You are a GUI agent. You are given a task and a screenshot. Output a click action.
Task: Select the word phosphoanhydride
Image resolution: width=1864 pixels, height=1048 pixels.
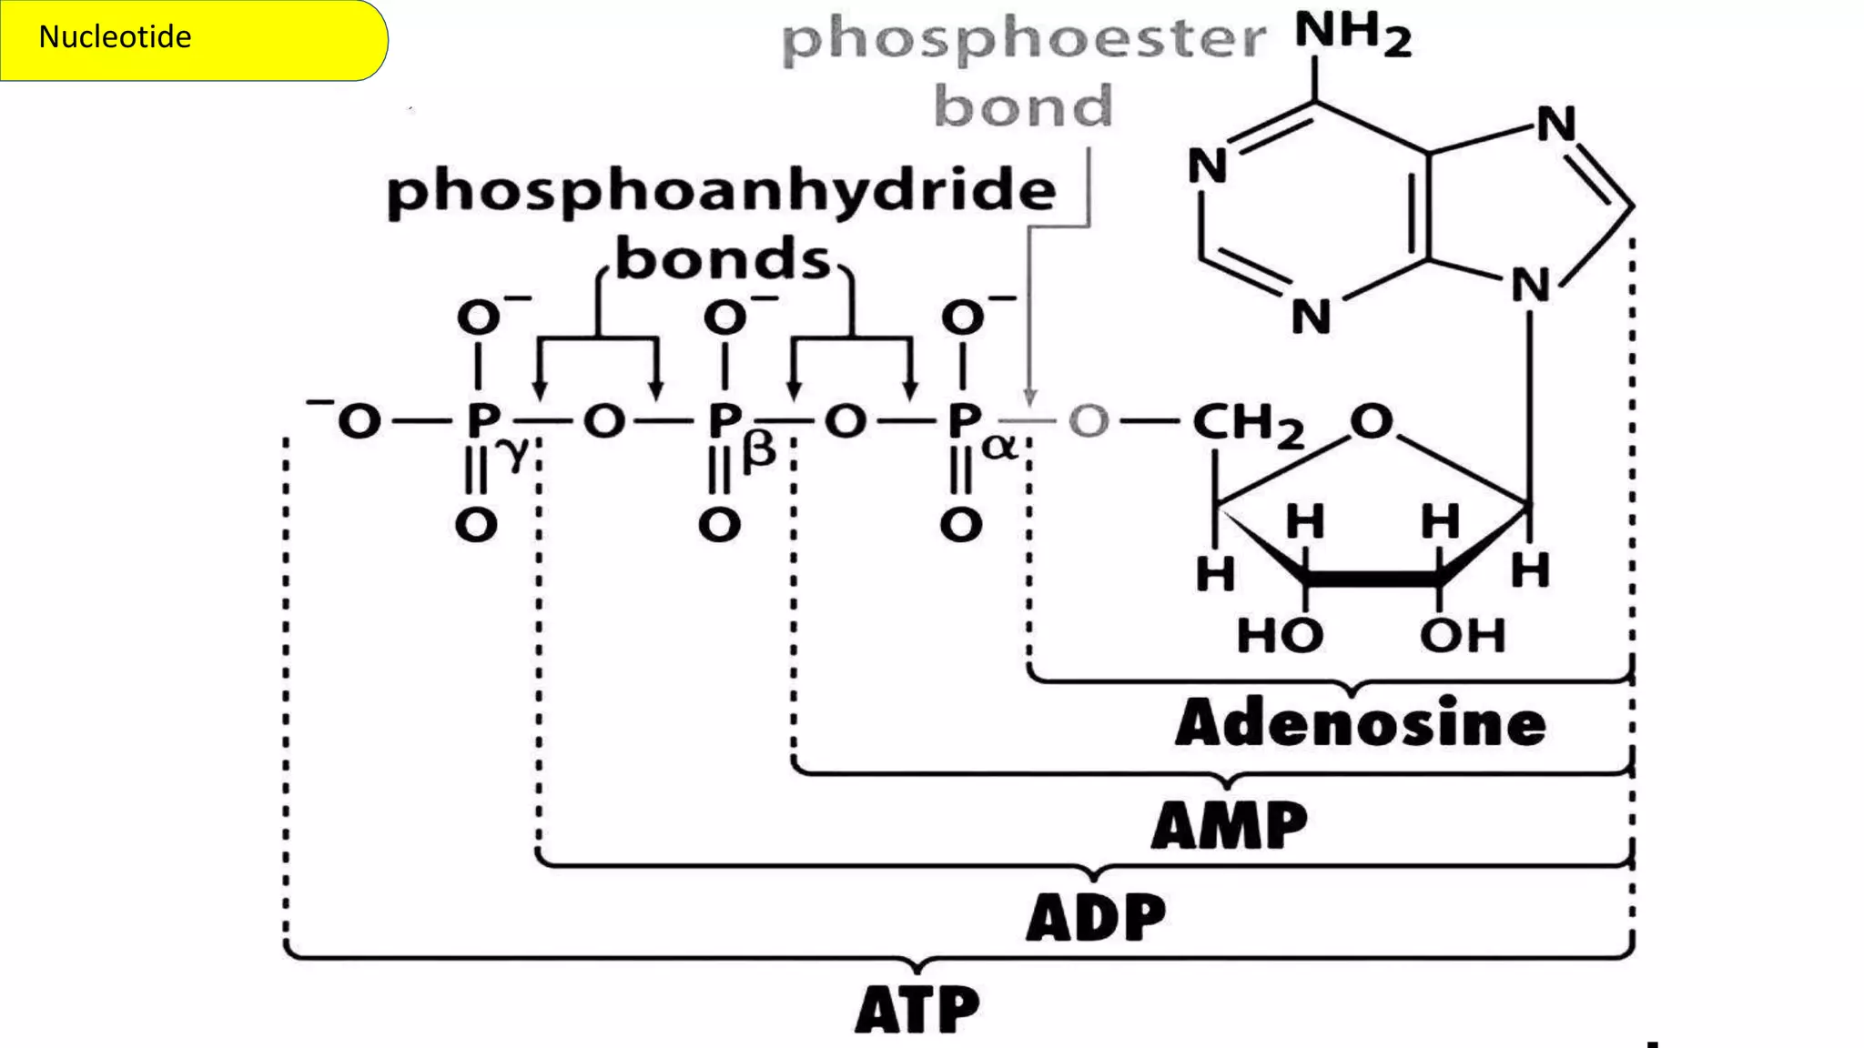click(722, 192)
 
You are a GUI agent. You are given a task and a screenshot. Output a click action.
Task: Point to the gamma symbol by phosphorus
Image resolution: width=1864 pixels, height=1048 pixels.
click(515, 453)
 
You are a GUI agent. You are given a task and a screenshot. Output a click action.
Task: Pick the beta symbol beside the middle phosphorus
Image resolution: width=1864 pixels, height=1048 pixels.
click(759, 451)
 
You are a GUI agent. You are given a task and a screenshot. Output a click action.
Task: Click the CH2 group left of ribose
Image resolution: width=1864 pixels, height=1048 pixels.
click(1247, 424)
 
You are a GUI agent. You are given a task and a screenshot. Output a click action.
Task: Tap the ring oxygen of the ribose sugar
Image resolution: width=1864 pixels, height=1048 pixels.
click(1371, 421)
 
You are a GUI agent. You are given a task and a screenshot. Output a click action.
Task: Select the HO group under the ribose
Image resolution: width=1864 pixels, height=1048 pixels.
click(1280, 635)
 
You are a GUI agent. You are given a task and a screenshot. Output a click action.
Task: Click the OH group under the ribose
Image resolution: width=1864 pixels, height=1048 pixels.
click(1463, 635)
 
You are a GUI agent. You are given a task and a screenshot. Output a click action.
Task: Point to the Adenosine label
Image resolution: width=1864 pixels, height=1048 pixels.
click(1360, 725)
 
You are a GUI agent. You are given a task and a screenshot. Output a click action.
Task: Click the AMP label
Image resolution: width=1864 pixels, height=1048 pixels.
click(1229, 826)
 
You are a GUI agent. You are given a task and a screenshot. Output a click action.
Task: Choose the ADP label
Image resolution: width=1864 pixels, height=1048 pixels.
click(1096, 918)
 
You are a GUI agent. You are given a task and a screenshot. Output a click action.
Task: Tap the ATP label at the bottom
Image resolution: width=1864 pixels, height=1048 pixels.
click(917, 1010)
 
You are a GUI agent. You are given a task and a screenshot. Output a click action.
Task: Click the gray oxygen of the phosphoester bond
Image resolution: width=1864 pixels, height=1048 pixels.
click(1089, 422)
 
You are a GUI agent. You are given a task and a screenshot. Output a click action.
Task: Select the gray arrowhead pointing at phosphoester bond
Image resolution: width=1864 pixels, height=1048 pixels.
click(1029, 398)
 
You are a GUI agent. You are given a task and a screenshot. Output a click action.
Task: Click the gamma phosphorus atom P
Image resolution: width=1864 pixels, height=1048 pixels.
click(481, 422)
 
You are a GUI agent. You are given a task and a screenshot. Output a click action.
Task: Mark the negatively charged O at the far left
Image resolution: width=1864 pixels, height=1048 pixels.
click(358, 422)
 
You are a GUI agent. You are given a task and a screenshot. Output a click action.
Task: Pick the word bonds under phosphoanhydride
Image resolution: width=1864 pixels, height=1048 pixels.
click(724, 260)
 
